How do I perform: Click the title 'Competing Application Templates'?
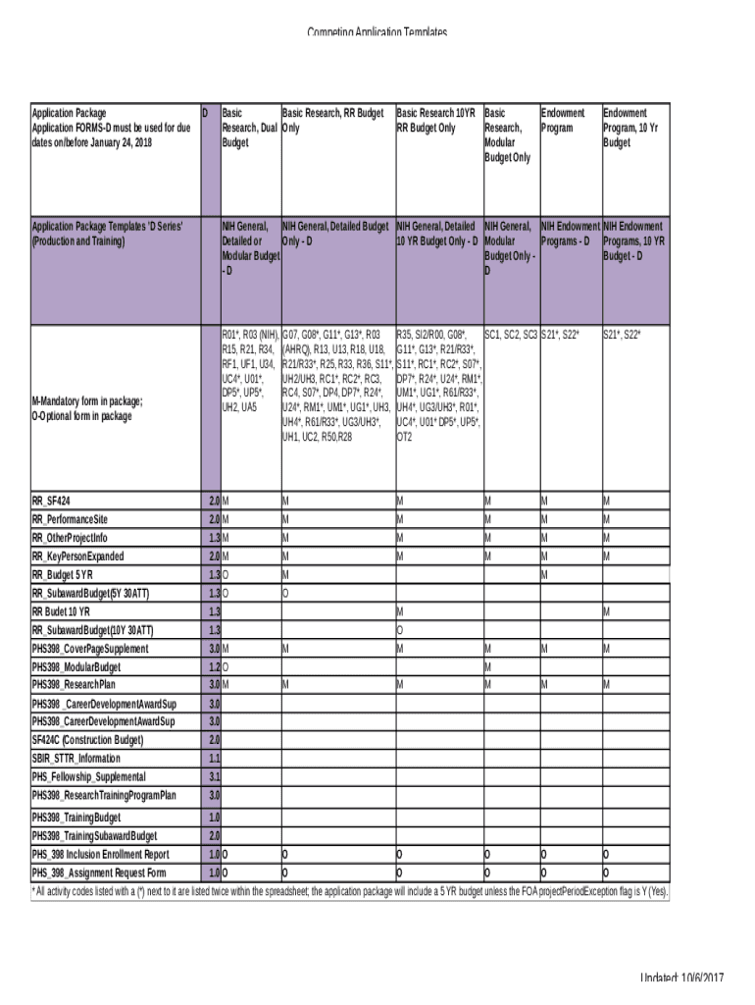pyautogui.click(x=377, y=33)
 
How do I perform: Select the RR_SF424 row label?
pyautogui.click(x=51, y=501)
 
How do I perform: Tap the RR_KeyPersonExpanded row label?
pyautogui.click(x=78, y=556)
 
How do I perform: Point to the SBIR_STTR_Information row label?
pyautogui.click(x=76, y=759)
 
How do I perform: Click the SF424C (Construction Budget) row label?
pyautogui.click(x=87, y=740)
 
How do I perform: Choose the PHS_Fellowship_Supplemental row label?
pyautogui.click(x=88, y=777)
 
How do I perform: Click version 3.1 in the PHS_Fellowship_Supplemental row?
pyautogui.click(x=214, y=777)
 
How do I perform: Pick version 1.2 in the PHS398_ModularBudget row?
pyautogui.click(x=214, y=666)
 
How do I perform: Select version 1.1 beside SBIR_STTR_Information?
pyautogui.click(x=214, y=759)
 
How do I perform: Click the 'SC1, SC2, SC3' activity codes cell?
pyautogui.click(x=510, y=336)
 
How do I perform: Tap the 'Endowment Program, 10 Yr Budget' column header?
pyautogui.click(x=631, y=128)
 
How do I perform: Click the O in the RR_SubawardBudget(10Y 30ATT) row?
pyautogui.click(x=400, y=630)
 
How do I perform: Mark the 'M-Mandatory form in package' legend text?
pyautogui.click(x=87, y=400)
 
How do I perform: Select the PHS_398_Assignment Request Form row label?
pyautogui.click(x=99, y=873)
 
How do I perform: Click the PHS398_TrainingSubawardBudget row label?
pyautogui.click(x=94, y=836)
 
